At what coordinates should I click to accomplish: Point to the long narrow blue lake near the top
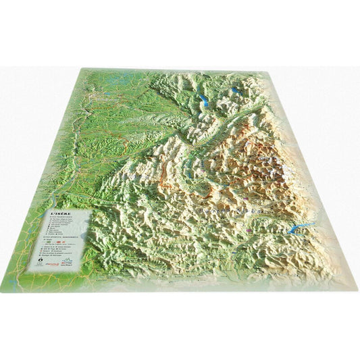click(x=205, y=101)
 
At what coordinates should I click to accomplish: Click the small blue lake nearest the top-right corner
click(x=235, y=89)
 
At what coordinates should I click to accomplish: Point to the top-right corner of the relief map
click(x=269, y=70)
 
